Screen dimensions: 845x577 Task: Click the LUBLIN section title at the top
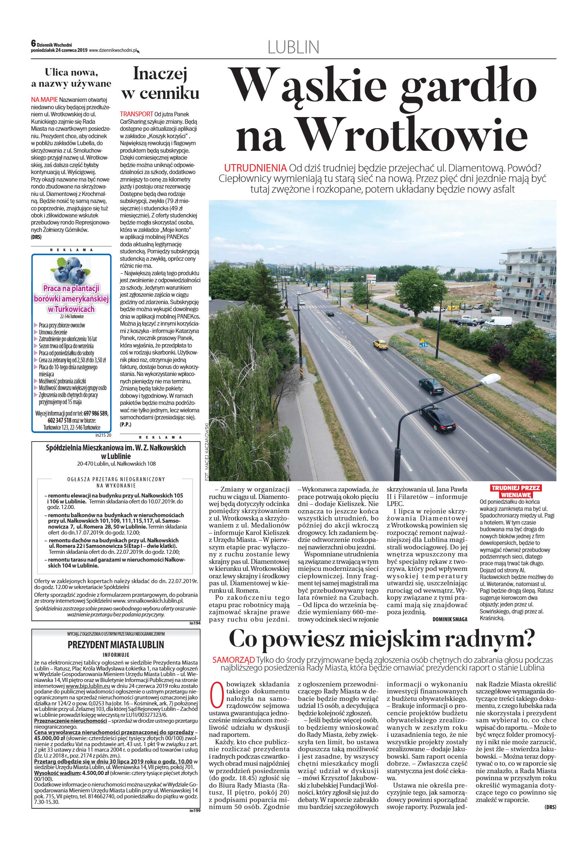tap(293, 47)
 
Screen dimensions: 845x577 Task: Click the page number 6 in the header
tap(33, 43)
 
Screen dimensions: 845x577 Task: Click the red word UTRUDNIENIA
tap(255, 168)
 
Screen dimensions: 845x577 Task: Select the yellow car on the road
tap(381, 345)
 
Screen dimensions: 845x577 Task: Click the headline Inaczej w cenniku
tap(160, 83)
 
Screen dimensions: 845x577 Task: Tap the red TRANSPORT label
tap(136, 114)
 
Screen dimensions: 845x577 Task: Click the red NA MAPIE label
tap(44, 100)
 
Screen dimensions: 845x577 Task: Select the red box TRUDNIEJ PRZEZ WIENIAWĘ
tap(516, 491)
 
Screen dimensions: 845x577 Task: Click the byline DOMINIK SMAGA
tap(450, 619)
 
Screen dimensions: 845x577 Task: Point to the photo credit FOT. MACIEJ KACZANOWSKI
tap(207, 452)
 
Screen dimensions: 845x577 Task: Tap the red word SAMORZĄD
tap(234, 660)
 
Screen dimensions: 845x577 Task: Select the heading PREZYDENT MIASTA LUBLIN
tap(116, 645)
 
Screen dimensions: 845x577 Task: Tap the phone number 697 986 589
tap(96, 413)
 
